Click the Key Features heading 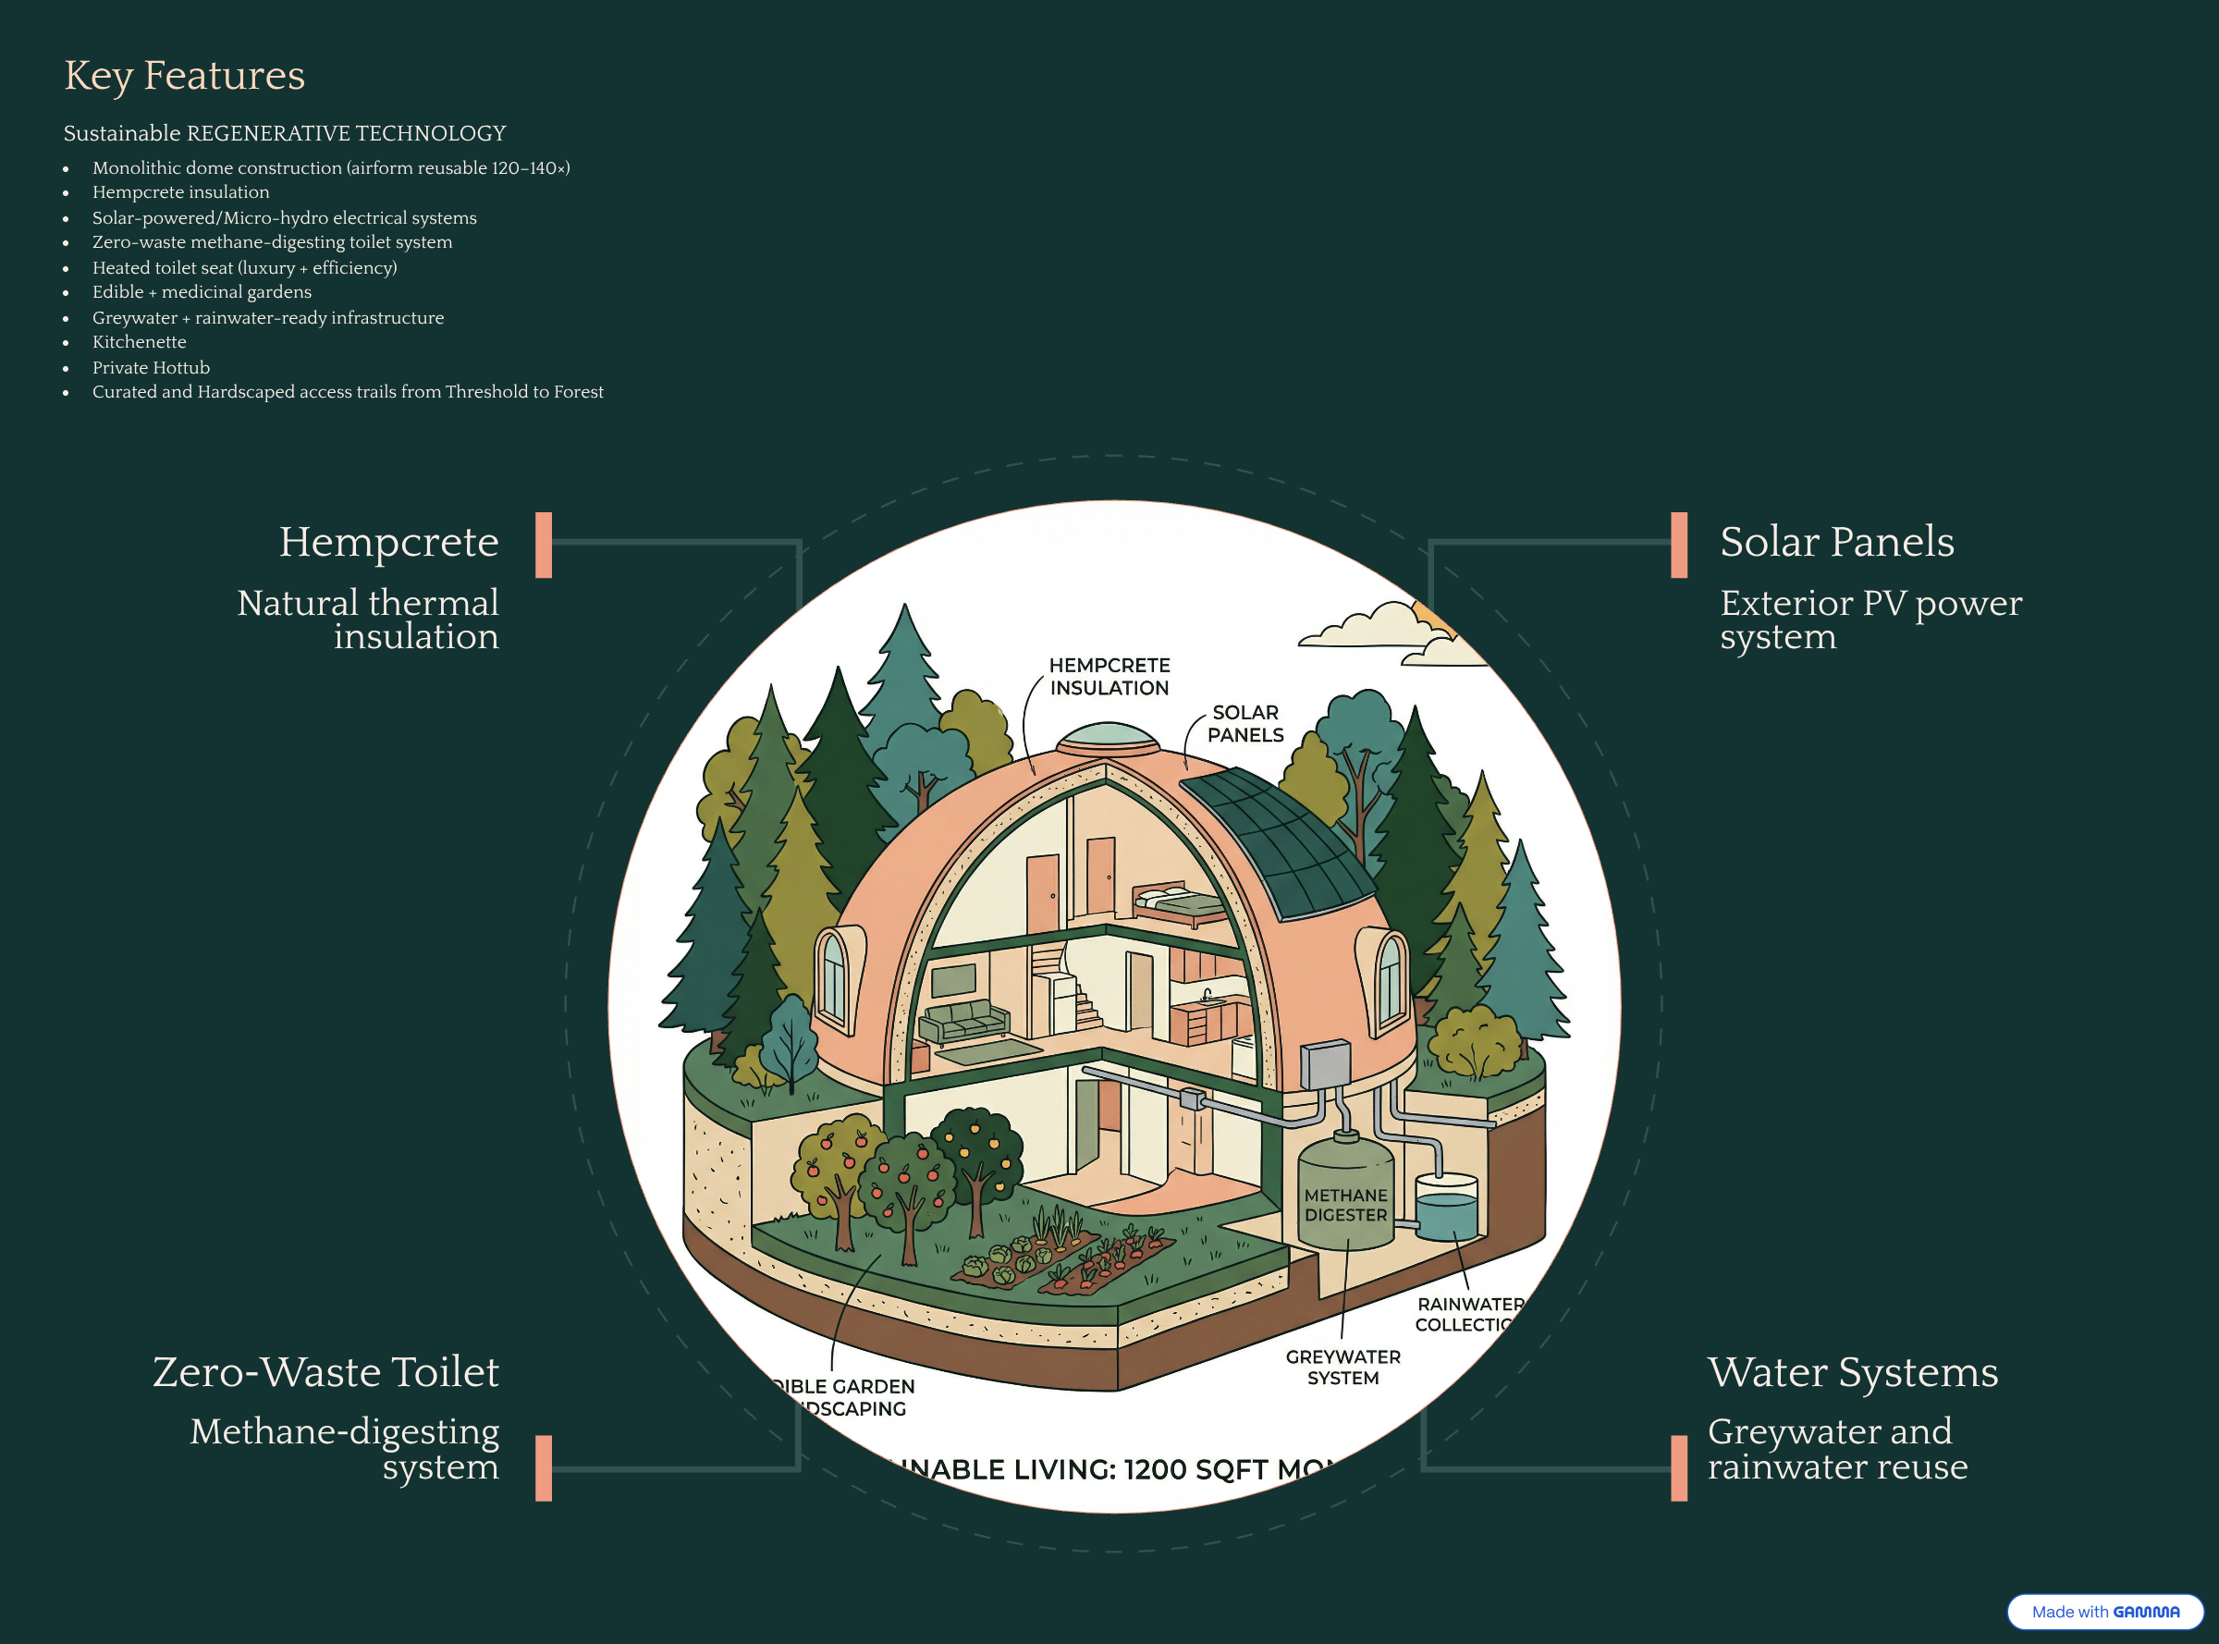click(184, 76)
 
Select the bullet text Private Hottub click(151, 367)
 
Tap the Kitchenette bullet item click(140, 341)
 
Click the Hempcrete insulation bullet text click(180, 192)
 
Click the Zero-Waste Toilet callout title click(325, 1371)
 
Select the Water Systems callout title click(1852, 1371)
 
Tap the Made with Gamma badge click(2103, 1611)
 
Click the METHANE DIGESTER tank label click(1345, 1204)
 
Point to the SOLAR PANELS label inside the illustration click(1244, 723)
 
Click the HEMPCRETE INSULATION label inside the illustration click(1109, 677)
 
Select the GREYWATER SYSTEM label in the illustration click(1342, 1368)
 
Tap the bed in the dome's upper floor click(1179, 902)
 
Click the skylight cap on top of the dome click(1108, 738)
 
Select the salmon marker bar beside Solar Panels click(1679, 545)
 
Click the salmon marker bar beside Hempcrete click(544, 545)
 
